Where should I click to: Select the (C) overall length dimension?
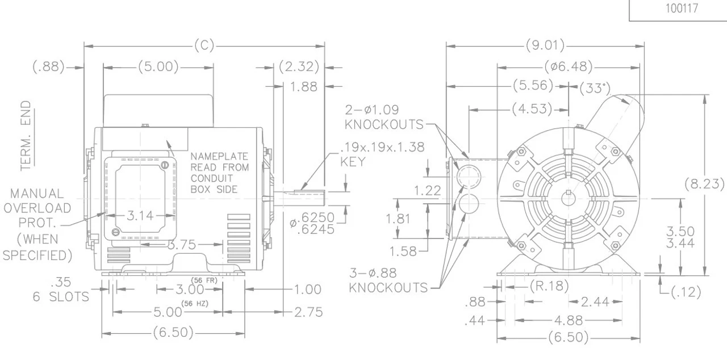point(204,46)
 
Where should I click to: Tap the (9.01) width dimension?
point(545,46)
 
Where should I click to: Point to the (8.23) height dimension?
point(705,185)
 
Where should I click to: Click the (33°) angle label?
point(594,88)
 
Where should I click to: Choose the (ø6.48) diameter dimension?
point(569,67)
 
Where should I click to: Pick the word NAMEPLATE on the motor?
point(219,156)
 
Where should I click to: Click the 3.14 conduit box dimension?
point(140,215)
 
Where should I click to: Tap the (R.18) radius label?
point(549,286)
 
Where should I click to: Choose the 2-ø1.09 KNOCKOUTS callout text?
point(384,116)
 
